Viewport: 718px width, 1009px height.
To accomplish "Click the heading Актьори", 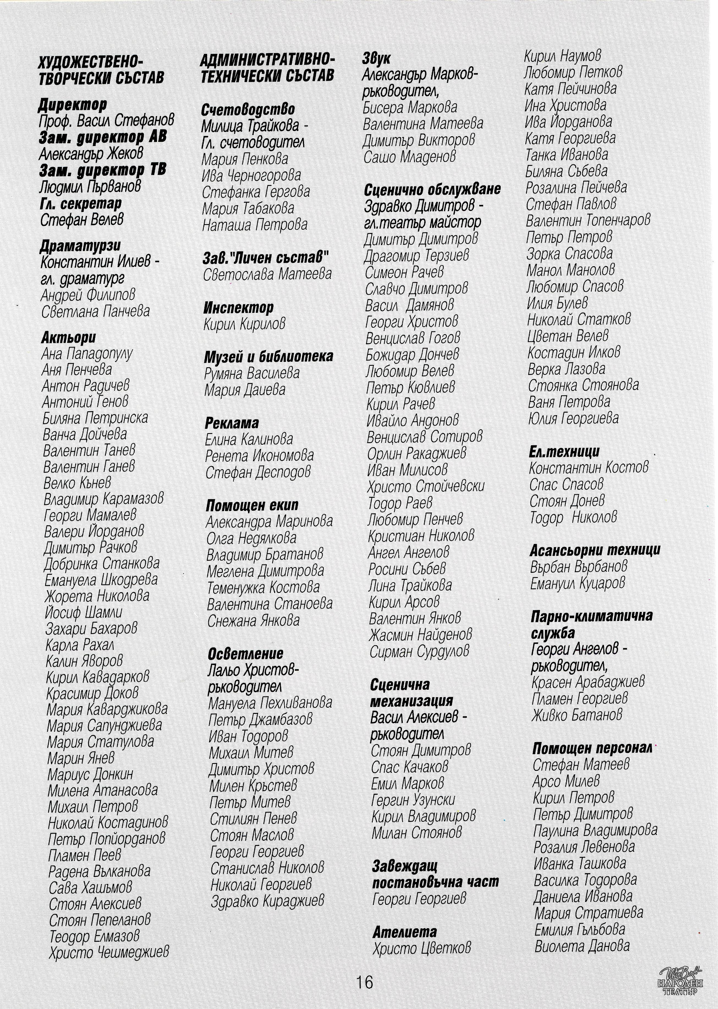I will click(x=68, y=338).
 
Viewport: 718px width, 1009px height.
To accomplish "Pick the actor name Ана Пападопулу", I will click(x=87, y=354).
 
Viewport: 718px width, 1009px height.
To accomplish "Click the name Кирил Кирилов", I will click(x=245, y=324).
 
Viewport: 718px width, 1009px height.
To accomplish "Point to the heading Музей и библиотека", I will click(x=269, y=357).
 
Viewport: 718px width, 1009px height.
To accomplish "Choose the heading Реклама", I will click(x=232, y=423).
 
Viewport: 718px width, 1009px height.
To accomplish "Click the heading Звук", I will click(x=376, y=58).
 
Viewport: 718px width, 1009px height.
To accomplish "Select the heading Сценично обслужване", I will click(x=432, y=189).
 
